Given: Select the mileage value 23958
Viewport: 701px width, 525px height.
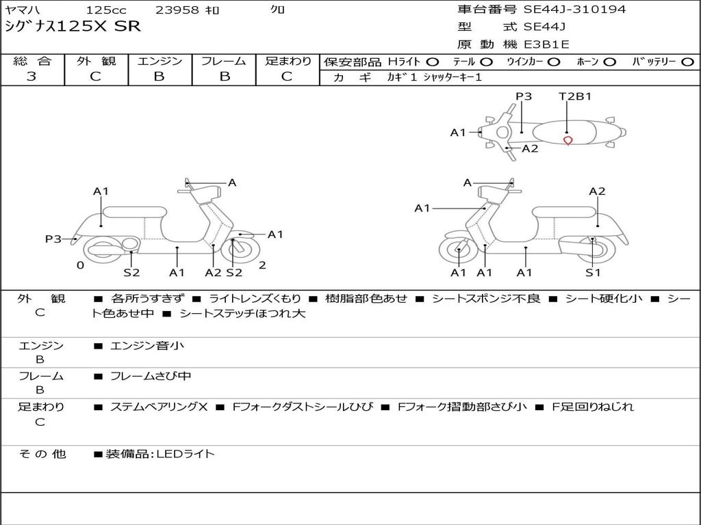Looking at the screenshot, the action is [x=177, y=10].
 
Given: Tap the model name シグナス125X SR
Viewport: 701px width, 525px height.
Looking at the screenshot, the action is [x=73, y=27].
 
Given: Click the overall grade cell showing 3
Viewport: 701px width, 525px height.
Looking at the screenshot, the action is [x=31, y=77].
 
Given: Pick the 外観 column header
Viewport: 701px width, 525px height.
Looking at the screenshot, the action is [x=96, y=61].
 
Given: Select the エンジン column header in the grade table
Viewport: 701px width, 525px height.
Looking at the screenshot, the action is [x=160, y=61].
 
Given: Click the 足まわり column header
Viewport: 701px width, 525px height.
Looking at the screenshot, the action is [x=288, y=61].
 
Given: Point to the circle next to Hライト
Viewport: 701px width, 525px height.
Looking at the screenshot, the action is [x=433, y=62].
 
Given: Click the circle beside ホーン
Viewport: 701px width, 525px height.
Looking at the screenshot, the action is [x=609, y=62].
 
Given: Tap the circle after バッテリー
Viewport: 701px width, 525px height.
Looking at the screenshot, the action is [x=687, y=62].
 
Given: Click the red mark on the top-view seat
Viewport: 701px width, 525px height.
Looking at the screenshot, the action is [x=568, y=141].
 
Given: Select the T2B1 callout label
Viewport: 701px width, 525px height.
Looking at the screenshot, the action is [x=575, y=96].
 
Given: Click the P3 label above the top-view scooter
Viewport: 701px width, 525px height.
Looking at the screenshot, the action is [x=524, y=96].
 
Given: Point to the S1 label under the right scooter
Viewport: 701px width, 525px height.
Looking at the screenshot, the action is [x=593, y=273].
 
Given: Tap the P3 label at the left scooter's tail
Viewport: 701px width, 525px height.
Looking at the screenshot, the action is [x=53, y=239].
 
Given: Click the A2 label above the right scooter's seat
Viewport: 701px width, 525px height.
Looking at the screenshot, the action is [x=597, y=191].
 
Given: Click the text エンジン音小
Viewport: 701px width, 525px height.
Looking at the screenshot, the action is [x=147, y=346].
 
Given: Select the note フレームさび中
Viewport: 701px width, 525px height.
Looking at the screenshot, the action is [x=151, y=376].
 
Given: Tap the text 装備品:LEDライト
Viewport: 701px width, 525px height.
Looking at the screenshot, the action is [x=160, y=453].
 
